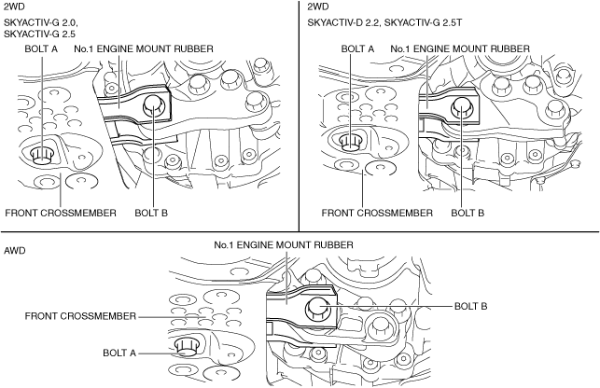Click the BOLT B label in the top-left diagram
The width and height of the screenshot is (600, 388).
(x=151, y=212)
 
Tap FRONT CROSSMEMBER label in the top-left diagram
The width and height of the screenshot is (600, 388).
(x=61, y=212)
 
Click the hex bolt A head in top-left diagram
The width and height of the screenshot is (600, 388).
(x=42, y=153)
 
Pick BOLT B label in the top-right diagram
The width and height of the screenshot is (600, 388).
(x=467, y=212)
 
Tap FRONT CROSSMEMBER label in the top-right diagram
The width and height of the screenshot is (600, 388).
(x=377, y=212)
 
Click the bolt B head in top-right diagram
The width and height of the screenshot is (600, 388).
(x=461, y=110)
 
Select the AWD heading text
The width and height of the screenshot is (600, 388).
(x=15, y=251)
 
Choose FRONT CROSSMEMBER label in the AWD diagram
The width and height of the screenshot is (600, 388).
(x=81, y=316)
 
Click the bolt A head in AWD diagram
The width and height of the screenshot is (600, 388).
(x=185, y=347)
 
